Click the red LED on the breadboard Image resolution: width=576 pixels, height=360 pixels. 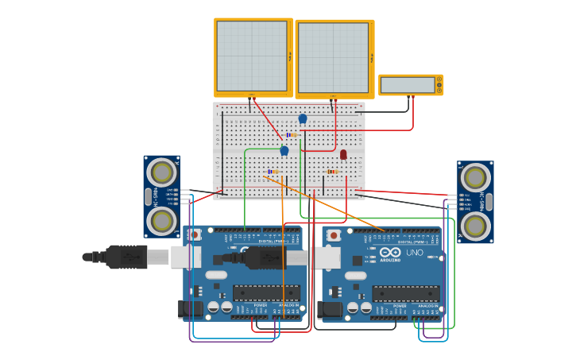click(x=343, y=154)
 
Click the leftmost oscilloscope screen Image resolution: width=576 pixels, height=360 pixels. click(x=252, y=56)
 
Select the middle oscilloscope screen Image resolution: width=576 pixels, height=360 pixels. click(x=333, y=58)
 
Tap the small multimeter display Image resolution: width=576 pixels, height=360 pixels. click(x=408, y=85)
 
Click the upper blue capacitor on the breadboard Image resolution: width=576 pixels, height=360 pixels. click(x=303, y=118)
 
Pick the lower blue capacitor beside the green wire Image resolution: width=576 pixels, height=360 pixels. click(x=284, y=150)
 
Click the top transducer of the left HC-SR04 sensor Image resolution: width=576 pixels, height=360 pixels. click(x=161, y=172)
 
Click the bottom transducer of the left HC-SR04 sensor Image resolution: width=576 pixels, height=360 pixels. click(x=161, y=221)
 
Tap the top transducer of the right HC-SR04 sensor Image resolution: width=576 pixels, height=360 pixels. click(x=475, y=177)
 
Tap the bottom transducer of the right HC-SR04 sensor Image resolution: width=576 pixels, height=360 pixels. click(x=475, y=226)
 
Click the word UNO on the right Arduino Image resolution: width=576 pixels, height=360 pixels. click(x=415, y=253)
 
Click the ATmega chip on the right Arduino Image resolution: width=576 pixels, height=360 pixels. click(x=405, y=293)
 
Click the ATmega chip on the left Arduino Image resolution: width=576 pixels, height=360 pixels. click(x=266, y=292)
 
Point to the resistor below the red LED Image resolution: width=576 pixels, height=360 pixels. click(x=332, y=172)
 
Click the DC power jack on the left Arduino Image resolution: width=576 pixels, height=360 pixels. click(x=191, y=309)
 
